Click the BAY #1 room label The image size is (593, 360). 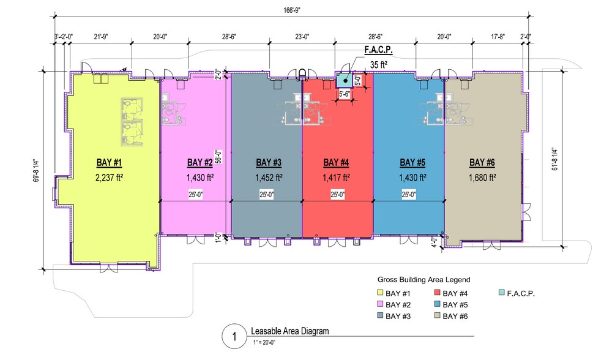click(109, 162)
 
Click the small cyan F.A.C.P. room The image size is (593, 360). click(345, 80)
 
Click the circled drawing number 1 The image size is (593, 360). click(233, 337)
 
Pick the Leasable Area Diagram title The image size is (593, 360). click(289, 331)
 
